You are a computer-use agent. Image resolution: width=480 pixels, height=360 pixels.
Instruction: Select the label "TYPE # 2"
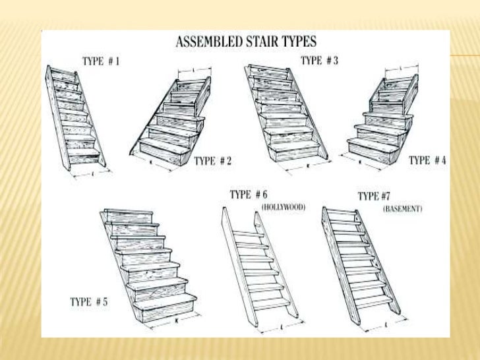point(212,160)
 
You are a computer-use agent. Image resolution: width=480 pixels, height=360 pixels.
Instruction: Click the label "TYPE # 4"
point(427,160)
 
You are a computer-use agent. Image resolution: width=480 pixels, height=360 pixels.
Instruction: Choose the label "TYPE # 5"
point(89,302)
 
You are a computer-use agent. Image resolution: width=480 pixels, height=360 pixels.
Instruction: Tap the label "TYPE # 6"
point(249,195)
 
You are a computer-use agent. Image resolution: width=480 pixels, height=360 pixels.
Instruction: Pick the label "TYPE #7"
point(378,196)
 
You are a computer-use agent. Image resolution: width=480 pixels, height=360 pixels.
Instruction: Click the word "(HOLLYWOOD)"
point(284,207)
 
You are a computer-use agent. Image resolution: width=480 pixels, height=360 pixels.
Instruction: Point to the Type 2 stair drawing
point(173,122)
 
